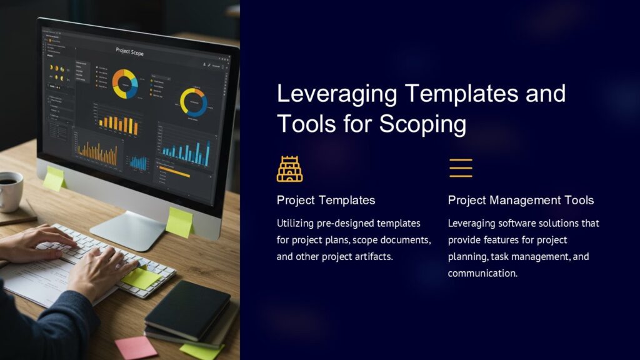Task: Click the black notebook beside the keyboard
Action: coord(187,309)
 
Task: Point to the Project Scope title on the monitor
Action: coord(130,52)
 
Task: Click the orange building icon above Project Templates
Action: coord(289,169)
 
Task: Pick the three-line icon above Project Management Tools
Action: coord(461,168)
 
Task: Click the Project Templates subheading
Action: coord(326,200)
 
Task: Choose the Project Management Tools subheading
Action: coord(521,200)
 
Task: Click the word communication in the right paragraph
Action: coord(481,273)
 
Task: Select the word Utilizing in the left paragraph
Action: coord(296,223)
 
